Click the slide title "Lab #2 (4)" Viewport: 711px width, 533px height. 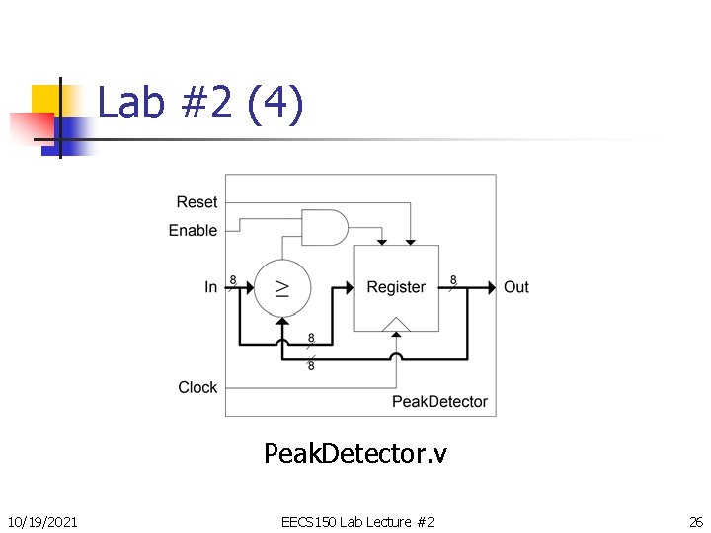coord(200,103)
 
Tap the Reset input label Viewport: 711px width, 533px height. coord(197,202)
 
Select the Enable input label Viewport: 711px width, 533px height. coord(193,230)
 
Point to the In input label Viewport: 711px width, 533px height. coord(210,287)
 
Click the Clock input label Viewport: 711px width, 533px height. coord(197,387)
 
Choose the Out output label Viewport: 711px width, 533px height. coord(516,287)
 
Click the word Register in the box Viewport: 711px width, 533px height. coord(396,287)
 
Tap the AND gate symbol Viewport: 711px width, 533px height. coord(324,227)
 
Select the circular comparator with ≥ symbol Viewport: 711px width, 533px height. coord(282,287)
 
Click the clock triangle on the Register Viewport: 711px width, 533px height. coord(396,324)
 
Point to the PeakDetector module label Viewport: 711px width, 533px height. coord(439,401)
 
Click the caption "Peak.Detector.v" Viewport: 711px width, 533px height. coord(355,454)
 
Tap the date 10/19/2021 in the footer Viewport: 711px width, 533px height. coord(42,521)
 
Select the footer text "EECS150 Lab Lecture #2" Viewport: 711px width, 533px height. coord(357,521)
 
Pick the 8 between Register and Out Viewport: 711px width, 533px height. coord(453,279)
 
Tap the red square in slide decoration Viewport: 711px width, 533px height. coord(30,127)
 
